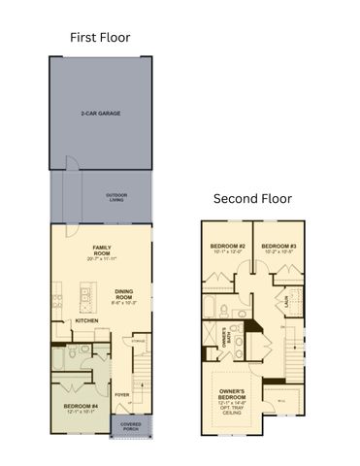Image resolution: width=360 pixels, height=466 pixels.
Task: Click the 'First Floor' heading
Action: point(100,37)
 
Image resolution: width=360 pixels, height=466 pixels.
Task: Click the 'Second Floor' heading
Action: point(252,198)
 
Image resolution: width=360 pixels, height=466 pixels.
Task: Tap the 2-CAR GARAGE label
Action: point(100,114)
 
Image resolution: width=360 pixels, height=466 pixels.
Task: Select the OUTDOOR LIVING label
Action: point(117,197)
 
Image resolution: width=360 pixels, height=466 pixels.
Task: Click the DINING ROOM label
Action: point(123,294)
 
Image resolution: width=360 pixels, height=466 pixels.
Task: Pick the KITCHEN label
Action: point(87,321)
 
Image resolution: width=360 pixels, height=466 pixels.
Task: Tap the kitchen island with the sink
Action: point(88,296)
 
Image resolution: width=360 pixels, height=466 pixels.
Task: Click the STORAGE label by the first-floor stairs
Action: point(139,341)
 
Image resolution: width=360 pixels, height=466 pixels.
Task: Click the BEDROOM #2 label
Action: point(225,247)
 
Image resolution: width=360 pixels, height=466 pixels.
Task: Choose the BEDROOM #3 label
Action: point(278,247)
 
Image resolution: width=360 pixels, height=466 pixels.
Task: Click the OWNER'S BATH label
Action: point(225,342)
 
